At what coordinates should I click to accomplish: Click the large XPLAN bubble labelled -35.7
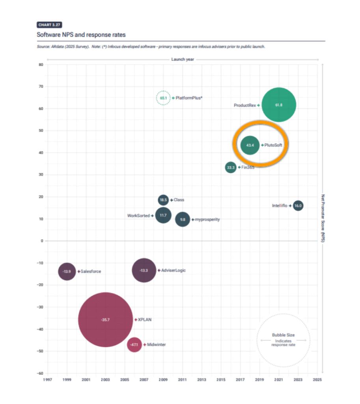[105, 320]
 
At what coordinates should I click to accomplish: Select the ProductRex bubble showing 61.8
[279, 105]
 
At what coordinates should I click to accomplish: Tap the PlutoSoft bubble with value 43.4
[250, 145]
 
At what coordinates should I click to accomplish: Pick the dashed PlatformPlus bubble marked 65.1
[163, 97]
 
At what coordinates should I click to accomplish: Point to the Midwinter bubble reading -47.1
[134, 345]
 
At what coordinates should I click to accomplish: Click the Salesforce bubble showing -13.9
[67, 271]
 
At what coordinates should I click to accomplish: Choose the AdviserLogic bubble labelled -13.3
[144, 270]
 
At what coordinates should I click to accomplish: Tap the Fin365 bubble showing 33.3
[231, 168]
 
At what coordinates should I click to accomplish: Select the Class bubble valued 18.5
[164, 200]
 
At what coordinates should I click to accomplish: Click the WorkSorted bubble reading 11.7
[163, 215]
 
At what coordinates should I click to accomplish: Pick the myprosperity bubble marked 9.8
[182, 219]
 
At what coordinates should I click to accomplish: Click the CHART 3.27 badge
[49, 25]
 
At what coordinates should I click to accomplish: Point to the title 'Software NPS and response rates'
[81, 35]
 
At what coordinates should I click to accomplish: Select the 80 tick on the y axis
[41, 64]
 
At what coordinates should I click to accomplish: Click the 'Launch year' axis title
[183, 59]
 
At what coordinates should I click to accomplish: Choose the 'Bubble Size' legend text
[283, 335]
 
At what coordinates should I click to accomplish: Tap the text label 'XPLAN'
[144, 320]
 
